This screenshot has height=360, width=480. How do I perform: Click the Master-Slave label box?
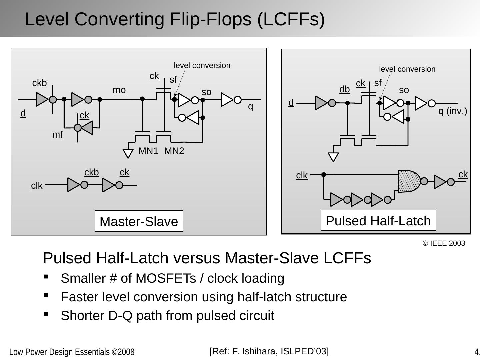click(x=139, y=221)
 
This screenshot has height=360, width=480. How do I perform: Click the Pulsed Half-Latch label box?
click(x=378, y=220)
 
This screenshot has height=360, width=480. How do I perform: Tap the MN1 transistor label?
click(x=148, y=151)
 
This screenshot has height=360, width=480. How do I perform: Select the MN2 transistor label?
click(x=174, y=151)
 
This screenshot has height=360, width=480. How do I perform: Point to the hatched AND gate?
click(x=409, y=181)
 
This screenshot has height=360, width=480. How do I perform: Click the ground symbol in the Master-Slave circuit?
click(x=128, y=153)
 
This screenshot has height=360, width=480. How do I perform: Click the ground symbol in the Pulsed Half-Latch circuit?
click(x=333, y=157)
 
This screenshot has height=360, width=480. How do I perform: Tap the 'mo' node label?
click(x=119, y=90)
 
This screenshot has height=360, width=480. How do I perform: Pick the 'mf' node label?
click(x=57, y=135)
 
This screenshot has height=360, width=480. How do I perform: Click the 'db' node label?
click(x=344, y=89)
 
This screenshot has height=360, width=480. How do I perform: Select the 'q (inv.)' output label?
click(x=452, y=111)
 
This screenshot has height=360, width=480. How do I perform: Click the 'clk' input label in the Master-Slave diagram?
click(x=37, y=185)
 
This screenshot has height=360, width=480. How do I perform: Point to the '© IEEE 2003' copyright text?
click(x=444, y=243)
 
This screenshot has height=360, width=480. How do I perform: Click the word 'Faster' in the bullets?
click(x=77, y=297)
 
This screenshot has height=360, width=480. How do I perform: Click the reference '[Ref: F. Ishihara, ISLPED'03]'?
click(x=269, y=351)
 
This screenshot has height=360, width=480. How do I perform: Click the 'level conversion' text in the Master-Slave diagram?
click(x=202, y=65)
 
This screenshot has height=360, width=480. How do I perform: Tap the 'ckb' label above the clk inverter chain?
click(x=91, y=172)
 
